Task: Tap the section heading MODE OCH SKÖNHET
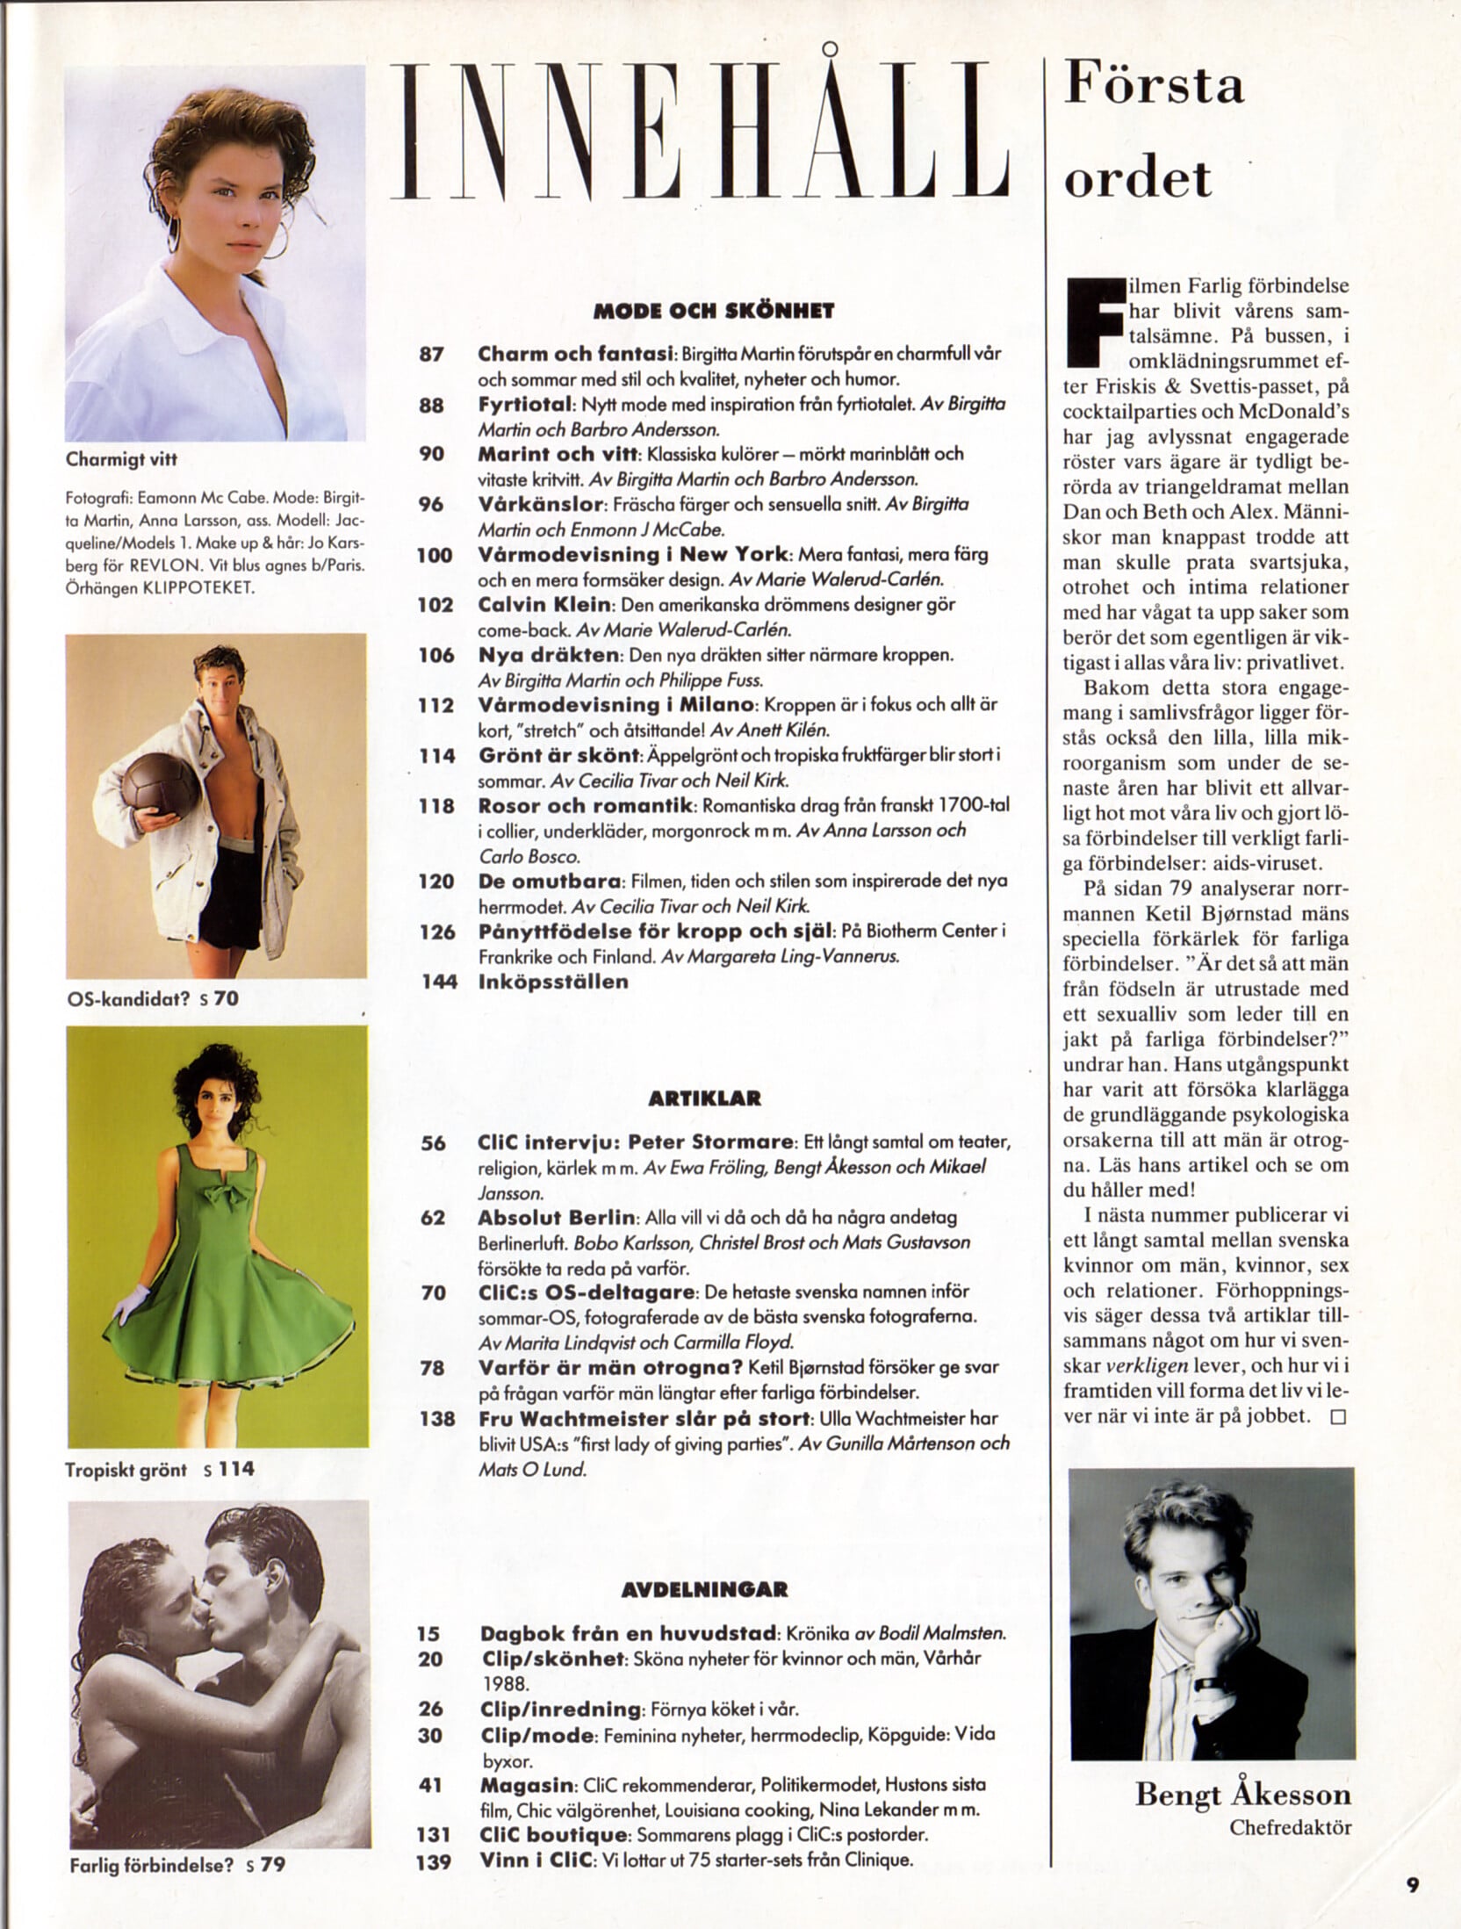click(713, 311)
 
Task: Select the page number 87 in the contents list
click(434, 356)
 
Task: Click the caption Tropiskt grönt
click(126, 1469)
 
